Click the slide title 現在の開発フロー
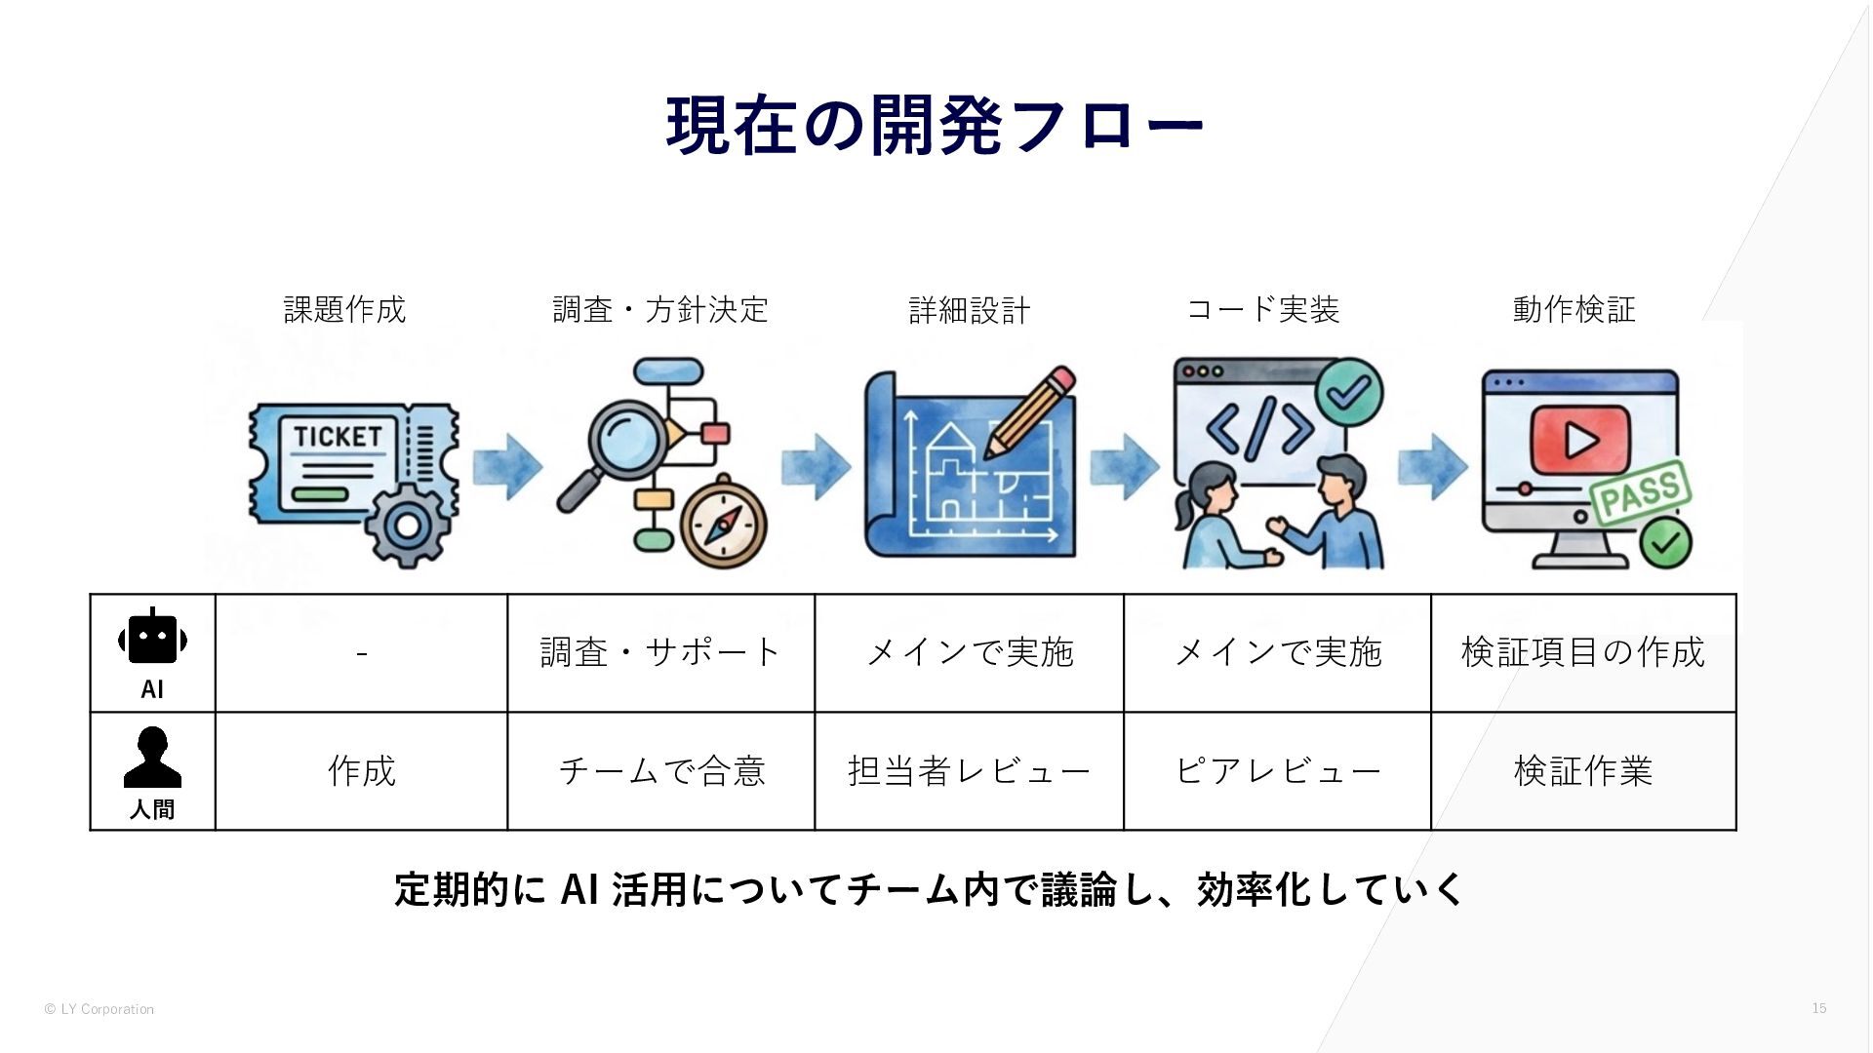click(935, 126)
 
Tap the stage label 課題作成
click(344, 309)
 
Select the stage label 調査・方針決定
click(660, 309)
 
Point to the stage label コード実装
click(1262, 309)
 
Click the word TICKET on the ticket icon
click(338, 436)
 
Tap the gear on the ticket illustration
click(408, 525)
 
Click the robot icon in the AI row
click(152, 639)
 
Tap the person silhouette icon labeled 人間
click(152, 758)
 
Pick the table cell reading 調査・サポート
click(660, 652)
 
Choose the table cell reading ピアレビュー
click(1277, 771)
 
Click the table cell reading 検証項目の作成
click(1582, 652)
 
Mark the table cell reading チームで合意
click(660, 771)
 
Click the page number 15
click(1818, 1008)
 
